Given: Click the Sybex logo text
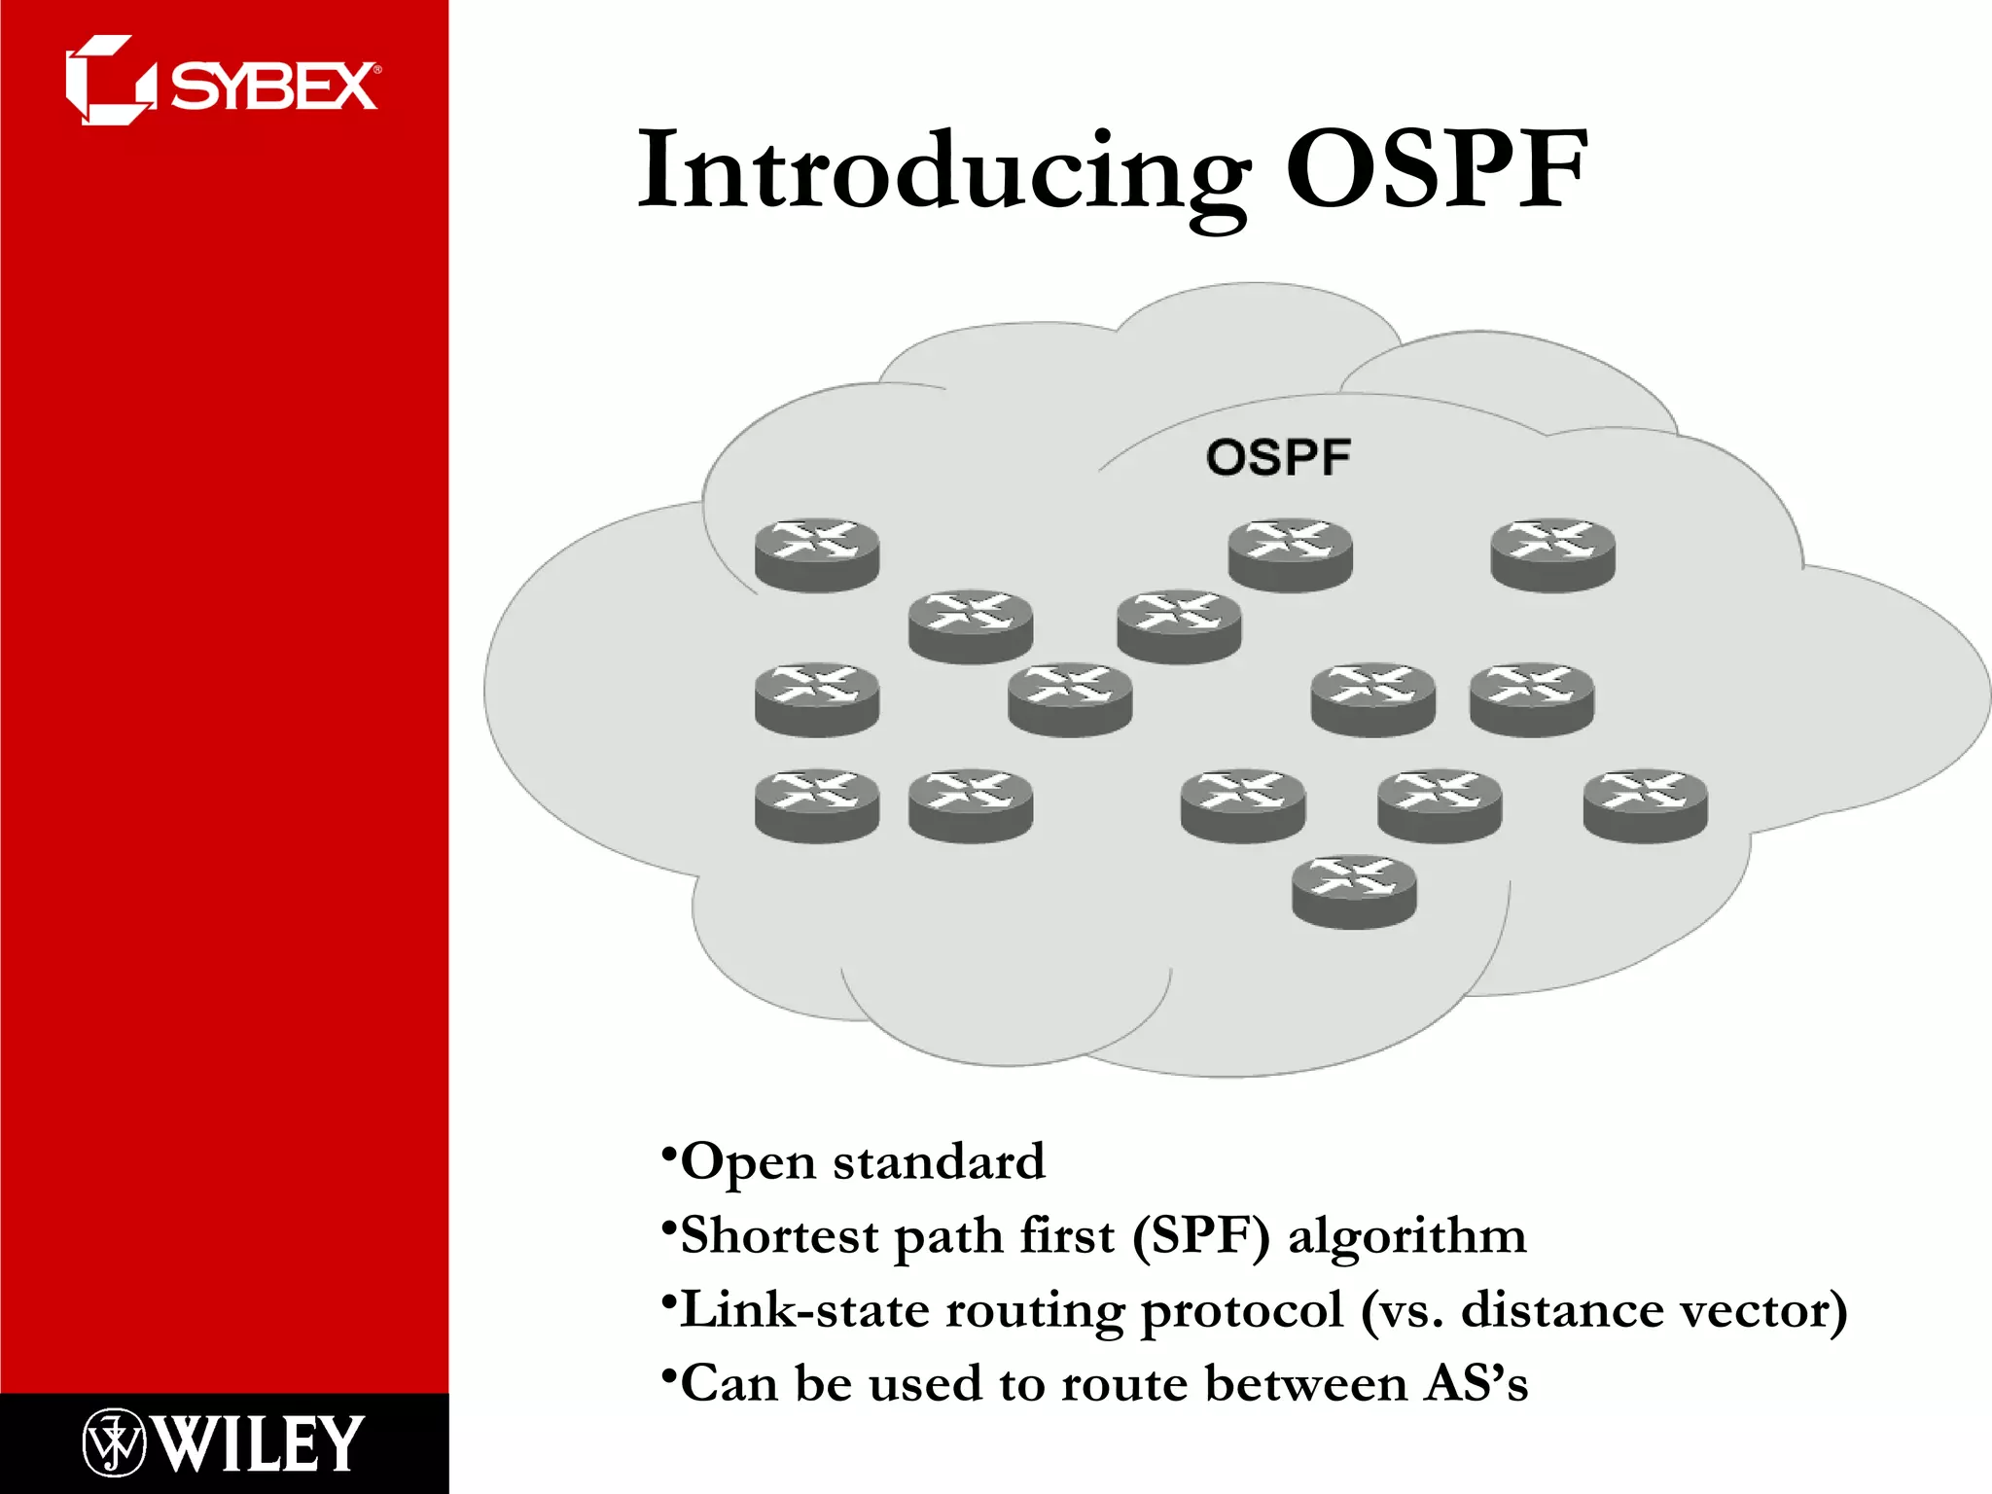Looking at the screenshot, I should (x=274, y=87).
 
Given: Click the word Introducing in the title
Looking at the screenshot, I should (x=944, y=172).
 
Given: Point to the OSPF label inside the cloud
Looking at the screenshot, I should (x=1278, y=457).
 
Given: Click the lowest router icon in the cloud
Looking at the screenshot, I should (x=1354, y=891).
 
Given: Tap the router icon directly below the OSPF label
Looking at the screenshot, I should (x=1290, y=554).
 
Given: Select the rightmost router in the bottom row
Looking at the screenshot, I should (x=1645, y=804).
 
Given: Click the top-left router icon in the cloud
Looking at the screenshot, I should (x=817, y=554).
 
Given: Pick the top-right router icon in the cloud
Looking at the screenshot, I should (x=1552, y=554).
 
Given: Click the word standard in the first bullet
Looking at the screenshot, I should (x=939, y=1161).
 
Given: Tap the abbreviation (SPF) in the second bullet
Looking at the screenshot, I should (x=1201, y=1235).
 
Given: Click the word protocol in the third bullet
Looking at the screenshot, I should (x=1241, y=1311).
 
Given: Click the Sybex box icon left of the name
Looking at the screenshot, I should (x=109, y=82).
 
